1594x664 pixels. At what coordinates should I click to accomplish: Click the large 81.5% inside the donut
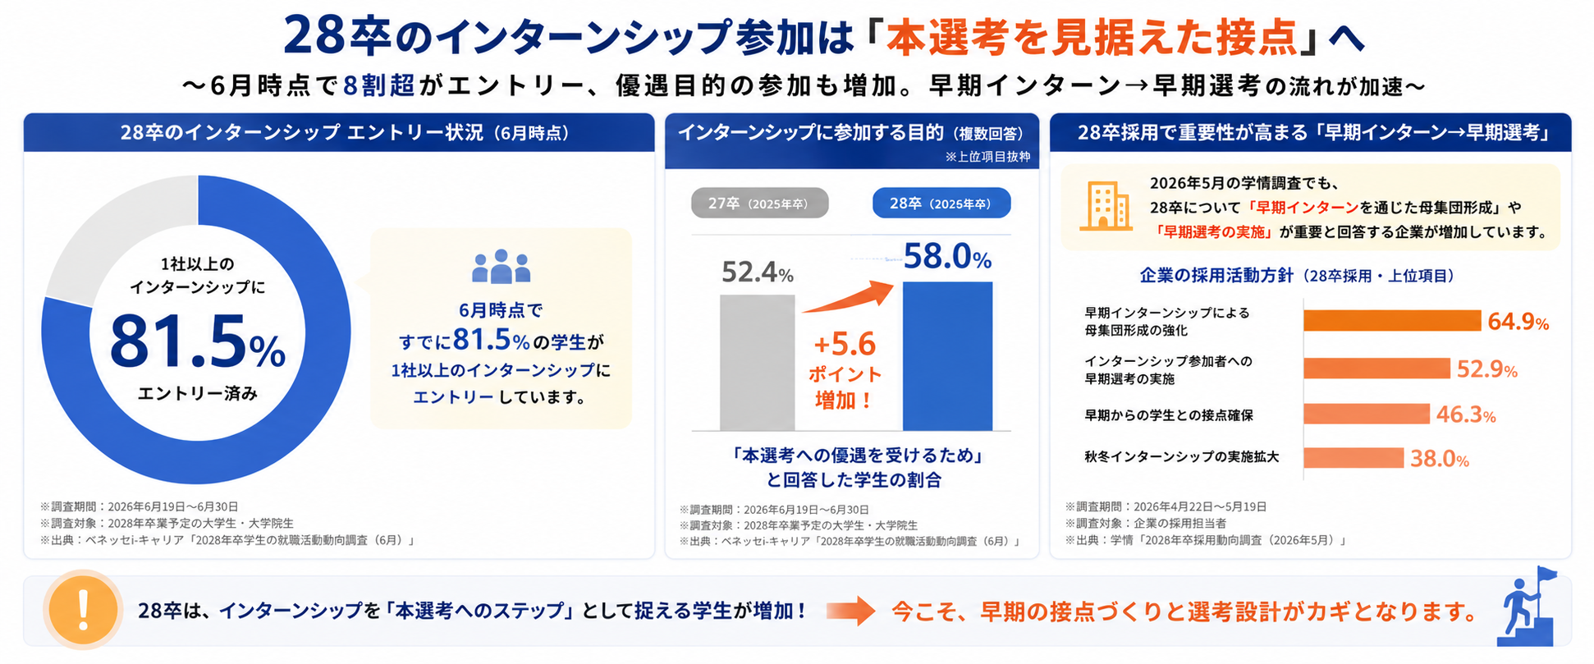click(198, 341)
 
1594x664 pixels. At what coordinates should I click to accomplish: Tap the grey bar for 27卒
click(757, 362)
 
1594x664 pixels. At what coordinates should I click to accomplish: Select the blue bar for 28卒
click(947, 355)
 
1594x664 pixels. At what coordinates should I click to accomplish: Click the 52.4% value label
click(757, 272)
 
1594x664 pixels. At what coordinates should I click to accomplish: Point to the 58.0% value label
click(947, 257)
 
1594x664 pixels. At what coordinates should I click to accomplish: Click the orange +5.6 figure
click(845, 344)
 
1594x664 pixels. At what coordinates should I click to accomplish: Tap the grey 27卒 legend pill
click(759, 203)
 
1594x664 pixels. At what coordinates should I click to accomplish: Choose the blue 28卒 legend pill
click(941, 203)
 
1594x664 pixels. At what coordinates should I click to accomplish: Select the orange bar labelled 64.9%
click(1392, 320)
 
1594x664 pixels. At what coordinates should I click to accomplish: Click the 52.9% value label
click(1486, 369)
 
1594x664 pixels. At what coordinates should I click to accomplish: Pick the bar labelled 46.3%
click(1367, 414)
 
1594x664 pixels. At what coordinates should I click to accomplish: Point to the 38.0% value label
click(1439, 458)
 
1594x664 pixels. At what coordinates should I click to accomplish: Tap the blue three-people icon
click(501, 266)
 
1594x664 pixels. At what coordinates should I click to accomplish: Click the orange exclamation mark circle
click(82, 610)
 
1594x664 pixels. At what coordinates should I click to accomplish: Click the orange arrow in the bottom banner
click(850, 611)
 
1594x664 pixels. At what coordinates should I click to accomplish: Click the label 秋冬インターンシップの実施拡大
click(1181, 457)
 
